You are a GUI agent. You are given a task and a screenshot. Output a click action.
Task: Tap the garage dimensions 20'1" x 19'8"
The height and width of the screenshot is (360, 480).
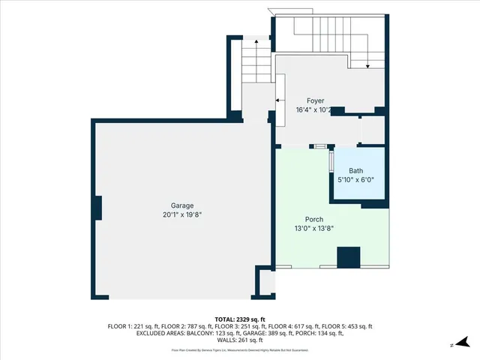click(x=182, y=214)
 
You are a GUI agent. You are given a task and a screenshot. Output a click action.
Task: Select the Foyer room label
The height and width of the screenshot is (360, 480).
click(x=315, y=100)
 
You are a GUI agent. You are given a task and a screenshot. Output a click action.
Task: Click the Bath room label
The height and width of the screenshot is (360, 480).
click(x=355, y=171)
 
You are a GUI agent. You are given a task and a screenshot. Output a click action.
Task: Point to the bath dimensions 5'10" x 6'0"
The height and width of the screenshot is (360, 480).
click(x=355, y=180)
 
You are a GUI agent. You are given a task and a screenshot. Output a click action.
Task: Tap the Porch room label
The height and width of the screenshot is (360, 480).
click(x=313, y=219)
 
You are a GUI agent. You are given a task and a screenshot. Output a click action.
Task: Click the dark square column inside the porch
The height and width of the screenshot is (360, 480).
click(x=348, y=257)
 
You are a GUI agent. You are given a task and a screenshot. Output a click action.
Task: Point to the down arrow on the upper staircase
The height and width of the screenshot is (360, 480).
click(x=367, y=66)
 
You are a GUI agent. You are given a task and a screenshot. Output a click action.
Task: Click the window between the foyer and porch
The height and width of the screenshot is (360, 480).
click(x=320, y=146)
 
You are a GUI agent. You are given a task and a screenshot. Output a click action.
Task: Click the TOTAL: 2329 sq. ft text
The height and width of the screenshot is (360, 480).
click(x=239, y=319)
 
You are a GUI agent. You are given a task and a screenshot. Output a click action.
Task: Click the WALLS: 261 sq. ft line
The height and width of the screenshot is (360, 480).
click(x=239, y=340)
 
